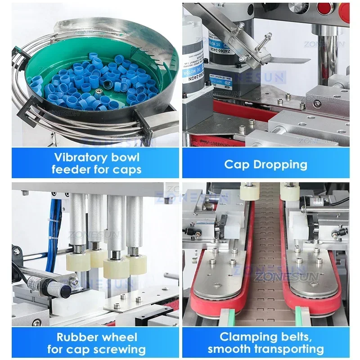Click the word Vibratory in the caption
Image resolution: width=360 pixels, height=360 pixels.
point(76,157)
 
